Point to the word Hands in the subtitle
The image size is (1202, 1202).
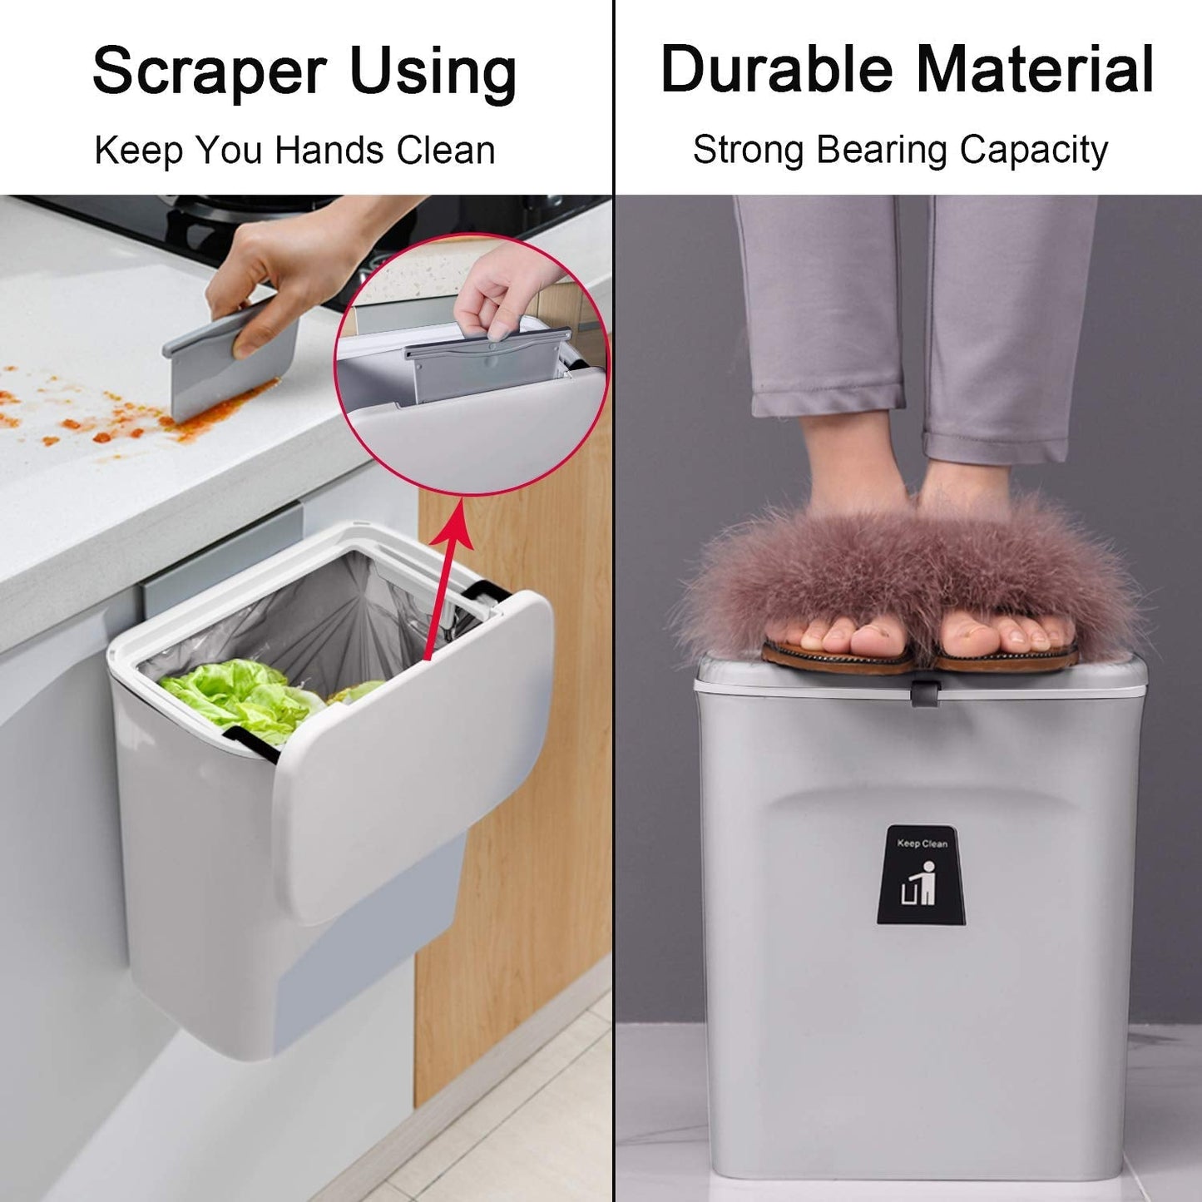[330, 151]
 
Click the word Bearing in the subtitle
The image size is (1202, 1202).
[881, 151]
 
